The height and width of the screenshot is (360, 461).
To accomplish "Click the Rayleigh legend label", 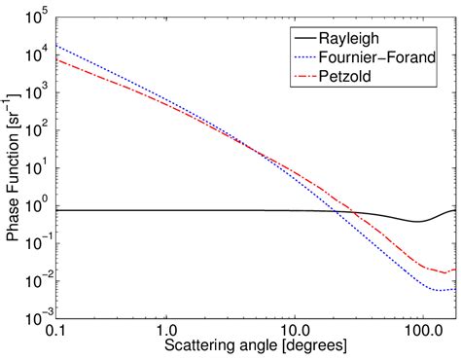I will click(366, 38).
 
